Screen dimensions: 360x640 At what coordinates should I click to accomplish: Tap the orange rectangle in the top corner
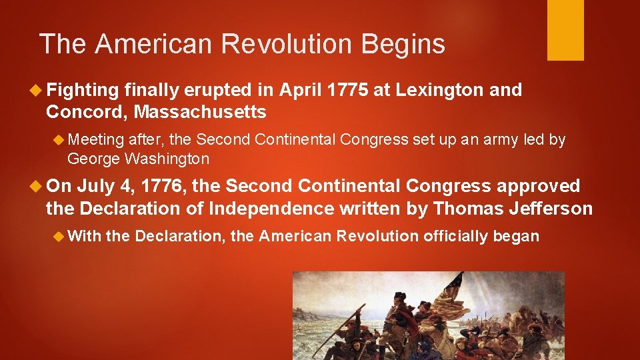(x=565, y=30)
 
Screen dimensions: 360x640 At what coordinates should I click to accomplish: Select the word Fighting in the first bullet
(x=83, y=90)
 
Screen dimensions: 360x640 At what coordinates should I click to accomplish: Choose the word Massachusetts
(x=200, y=111)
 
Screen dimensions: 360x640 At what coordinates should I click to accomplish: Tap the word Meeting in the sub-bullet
(x=96, y=139)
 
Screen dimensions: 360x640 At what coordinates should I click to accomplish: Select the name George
(x=93, y=159)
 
